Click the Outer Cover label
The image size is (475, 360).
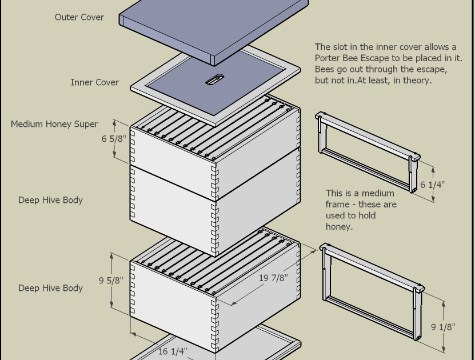pyautogui.click(x=79, y=17)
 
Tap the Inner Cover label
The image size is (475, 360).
pyautogui.click(x=94, y=82)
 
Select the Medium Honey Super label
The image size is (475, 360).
pyautogui.click(x=54, y=124)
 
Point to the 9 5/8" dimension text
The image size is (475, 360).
pyautogui.click(x=110, y=281)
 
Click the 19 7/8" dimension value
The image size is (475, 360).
pyautogui.click(x=273, y=278)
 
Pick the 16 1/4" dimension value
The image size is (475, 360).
pyautogui.click(x=173, y=351)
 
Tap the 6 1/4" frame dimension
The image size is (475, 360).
pyautogui.click(x=432, y=185)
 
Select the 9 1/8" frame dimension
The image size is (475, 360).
pyautogui.click(x=442, y=327)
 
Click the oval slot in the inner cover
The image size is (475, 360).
pyautogui.click(x=214, y=79)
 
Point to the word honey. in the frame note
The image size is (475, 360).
pyautogui.click(x=339, y=226)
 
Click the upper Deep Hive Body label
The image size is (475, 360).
pyautogui.click(x=50, y=200)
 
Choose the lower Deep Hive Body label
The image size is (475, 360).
pyautogui.click(x=50, y=288)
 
